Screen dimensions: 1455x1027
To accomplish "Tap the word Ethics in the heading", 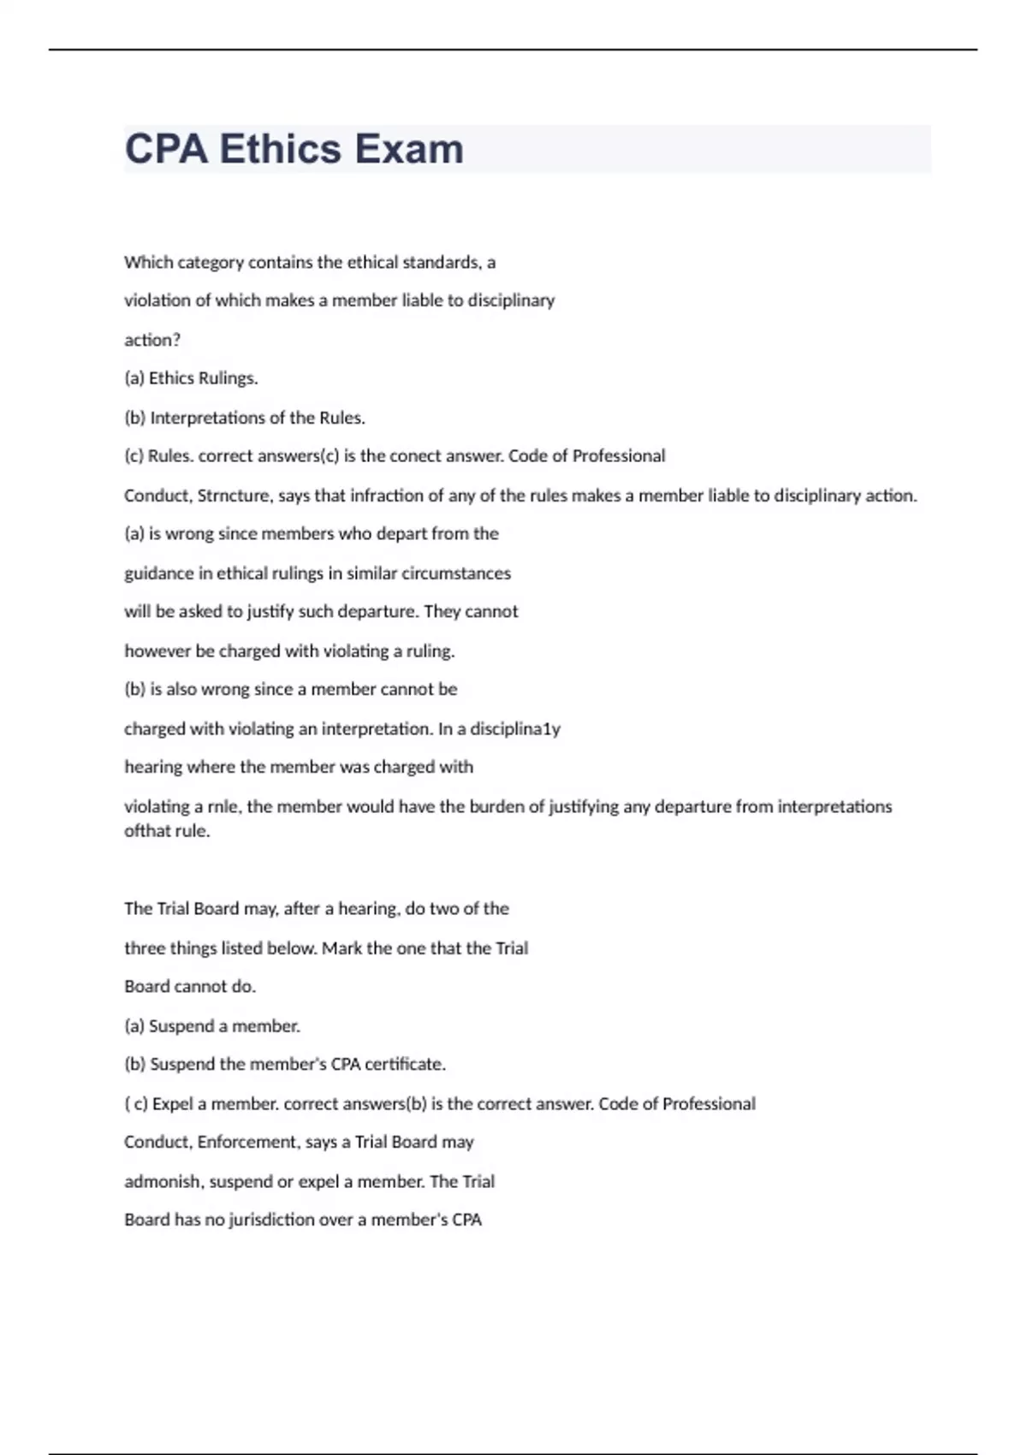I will (281, 149).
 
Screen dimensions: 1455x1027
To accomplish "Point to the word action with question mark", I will (152, 340).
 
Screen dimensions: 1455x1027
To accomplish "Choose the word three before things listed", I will (145, 948).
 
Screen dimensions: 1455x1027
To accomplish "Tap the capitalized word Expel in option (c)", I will (173, 1104).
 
